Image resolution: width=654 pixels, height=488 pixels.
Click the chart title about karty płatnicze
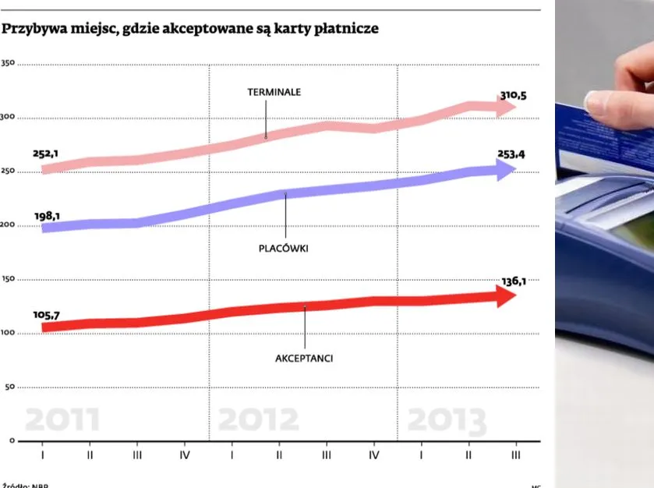(190, 29)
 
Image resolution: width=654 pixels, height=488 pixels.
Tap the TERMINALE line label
(274, 92)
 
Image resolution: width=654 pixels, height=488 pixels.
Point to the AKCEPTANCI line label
(305, 358)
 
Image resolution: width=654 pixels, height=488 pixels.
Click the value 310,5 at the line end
(513, 96)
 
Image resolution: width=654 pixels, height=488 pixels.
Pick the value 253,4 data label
(511, 154)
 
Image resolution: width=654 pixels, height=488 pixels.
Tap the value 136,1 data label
(512, 281)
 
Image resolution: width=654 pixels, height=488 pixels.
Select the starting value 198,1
(48, 216)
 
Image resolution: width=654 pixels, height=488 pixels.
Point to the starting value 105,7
(47, 315)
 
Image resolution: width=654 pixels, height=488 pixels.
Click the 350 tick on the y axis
(8, 64)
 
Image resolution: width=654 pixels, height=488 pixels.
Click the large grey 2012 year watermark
(258, 420)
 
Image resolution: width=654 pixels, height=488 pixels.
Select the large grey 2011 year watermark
(62, 420)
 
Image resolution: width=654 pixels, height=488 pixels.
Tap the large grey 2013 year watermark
(447, 421)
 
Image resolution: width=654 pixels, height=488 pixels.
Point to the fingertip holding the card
(596, 104)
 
